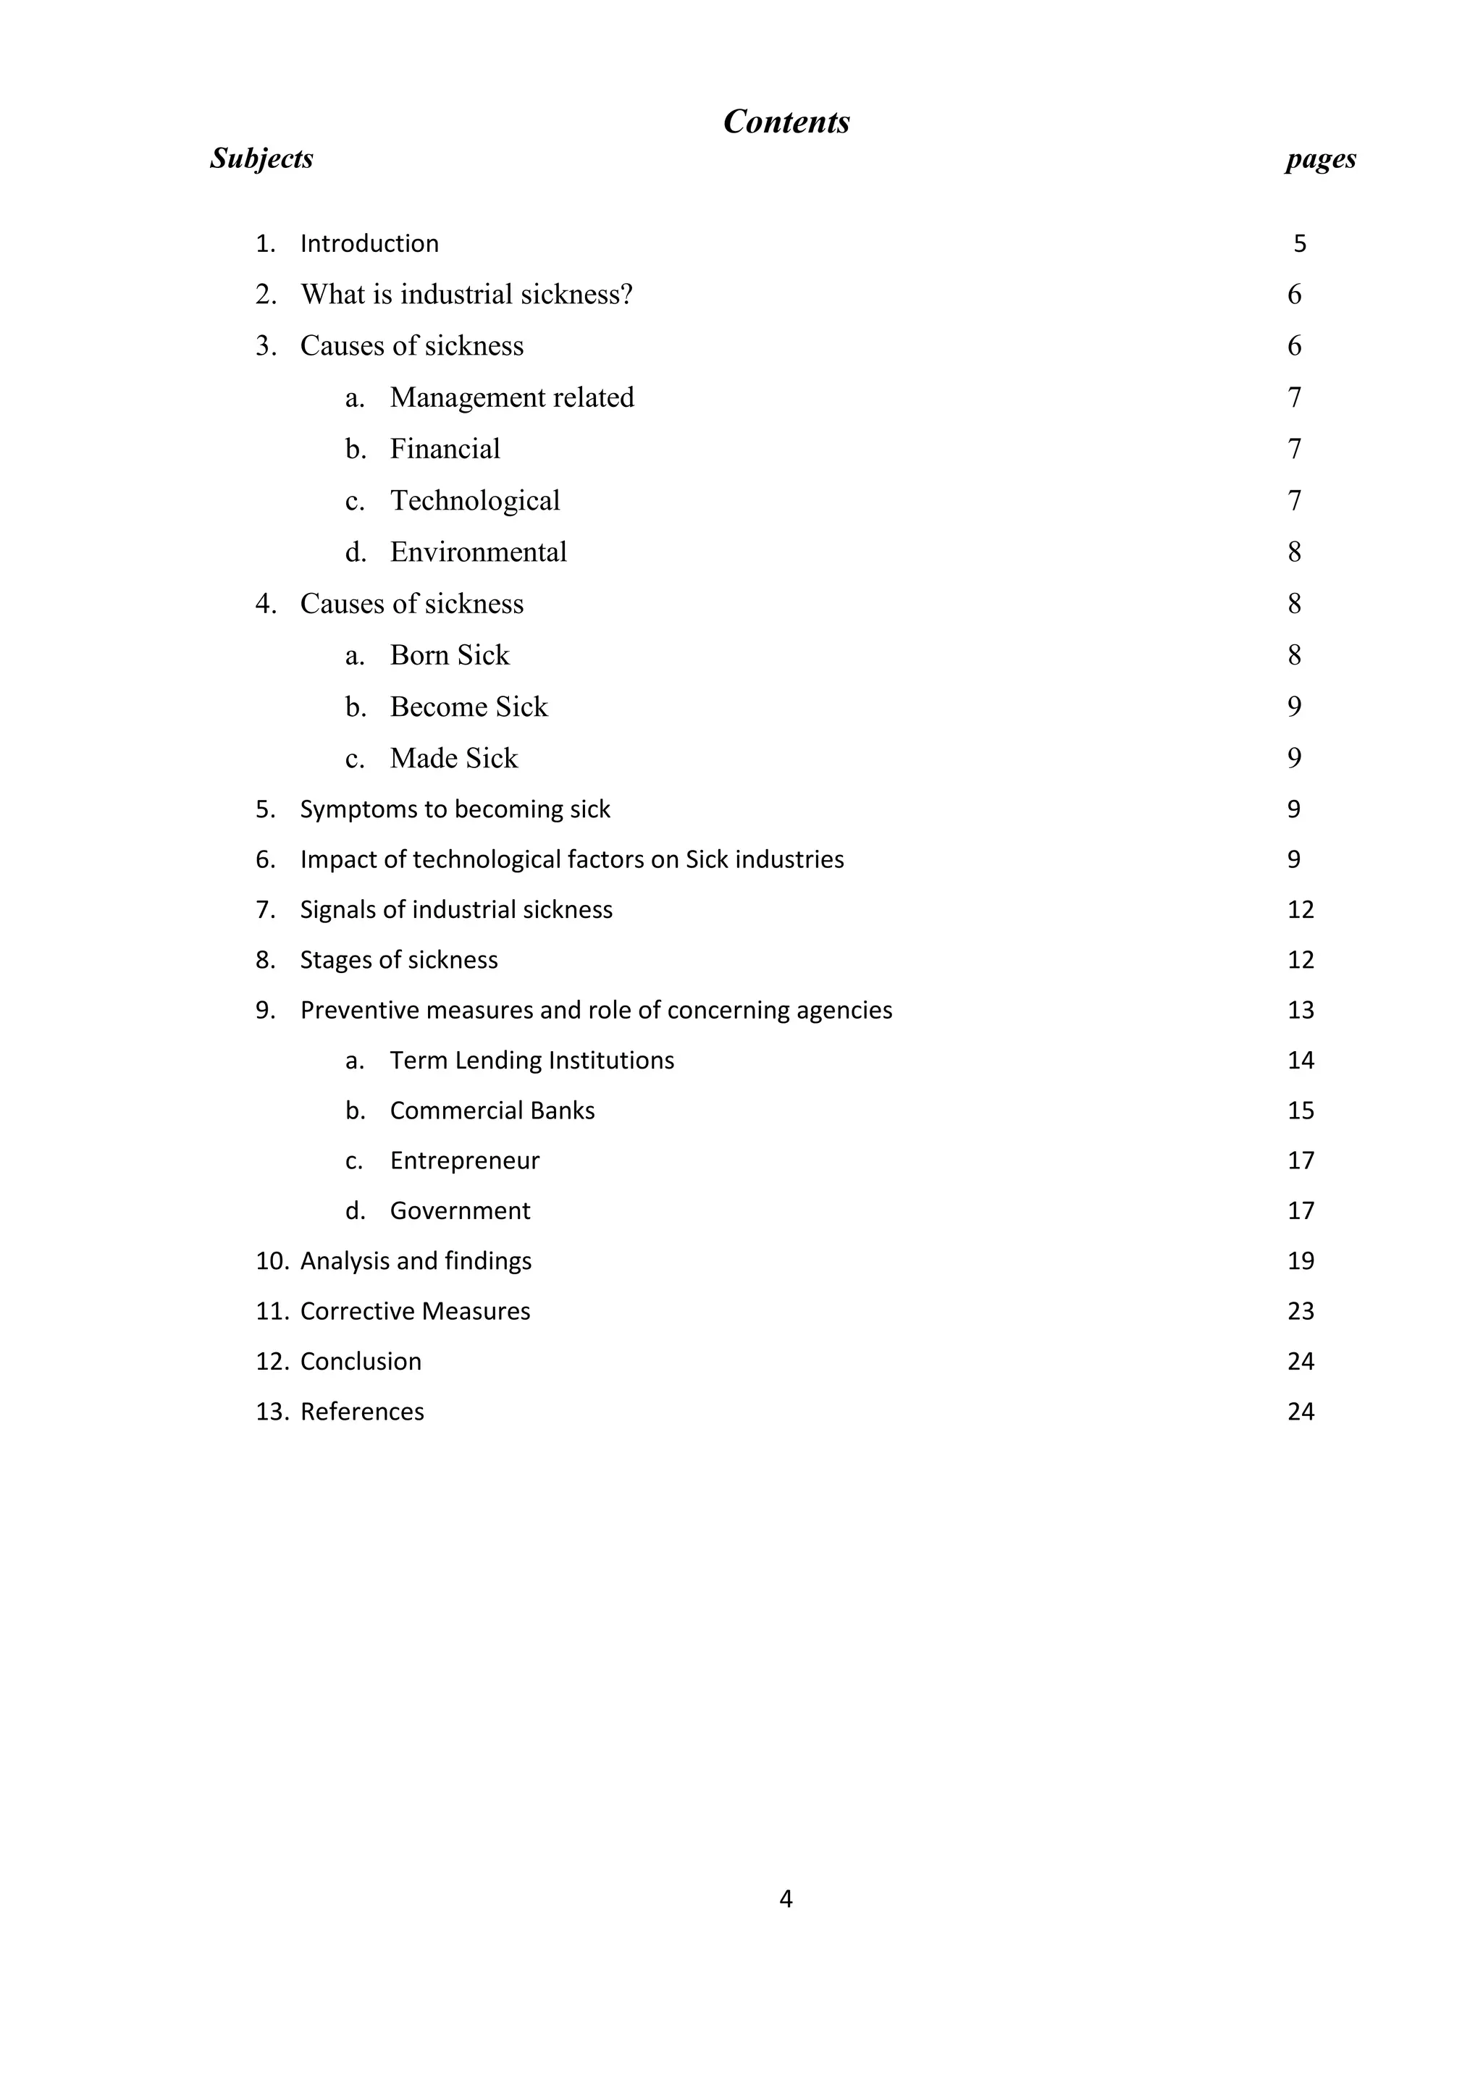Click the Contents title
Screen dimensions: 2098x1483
coord(786,122)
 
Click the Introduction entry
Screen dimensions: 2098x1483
coord(369,244)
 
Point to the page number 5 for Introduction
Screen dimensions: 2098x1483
coord(1299,244)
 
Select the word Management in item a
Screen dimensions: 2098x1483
coord(468,397)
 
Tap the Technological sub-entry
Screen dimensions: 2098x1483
coord(474,501)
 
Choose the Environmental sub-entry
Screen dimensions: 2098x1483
coord(478,552)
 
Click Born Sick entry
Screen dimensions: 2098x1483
coord(449,655)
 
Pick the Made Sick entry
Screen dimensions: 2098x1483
coord(453,759)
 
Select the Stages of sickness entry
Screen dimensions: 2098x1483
coord(398,959)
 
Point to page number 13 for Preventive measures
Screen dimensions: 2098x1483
coord(1301,1010)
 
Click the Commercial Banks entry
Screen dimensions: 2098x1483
coord(492,1111)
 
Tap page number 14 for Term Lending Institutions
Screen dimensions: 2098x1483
coord(1301,1060)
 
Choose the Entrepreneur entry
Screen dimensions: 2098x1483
coord(464,1160)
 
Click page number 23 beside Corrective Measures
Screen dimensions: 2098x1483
coord(1301,1311)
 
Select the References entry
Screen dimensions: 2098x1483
coord(362,1412)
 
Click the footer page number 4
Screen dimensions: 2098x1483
coord(786,1900)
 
